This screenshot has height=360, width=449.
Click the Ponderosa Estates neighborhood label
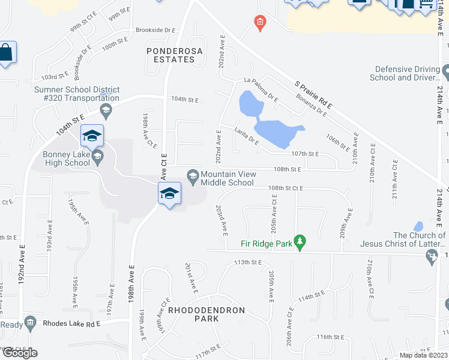tap(172, 56)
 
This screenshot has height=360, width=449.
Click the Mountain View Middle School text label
tap(228, 178)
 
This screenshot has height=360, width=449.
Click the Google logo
tap(19, 352)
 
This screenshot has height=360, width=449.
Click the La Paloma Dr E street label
tap(261, 88)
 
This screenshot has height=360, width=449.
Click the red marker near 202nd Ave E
tap(259, 23)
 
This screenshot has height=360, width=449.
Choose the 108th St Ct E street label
tap(286, 188)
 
